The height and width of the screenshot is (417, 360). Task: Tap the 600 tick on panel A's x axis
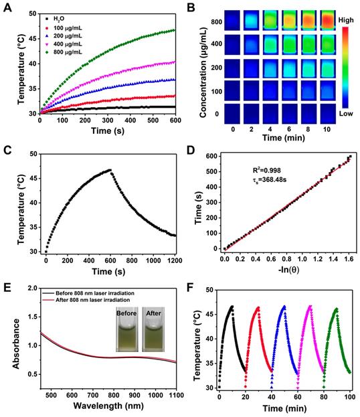175,122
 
